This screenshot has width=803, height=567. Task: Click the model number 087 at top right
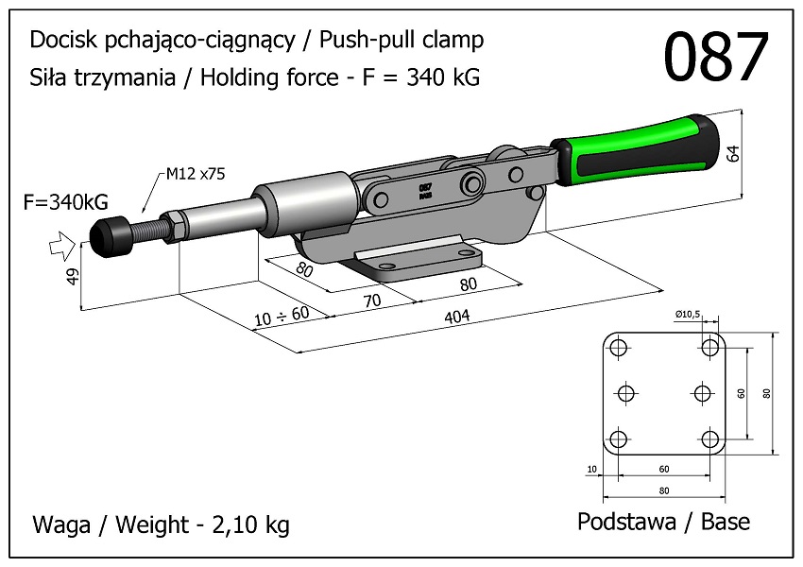[x=715, y=59]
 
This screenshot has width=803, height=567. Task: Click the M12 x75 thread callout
[x=196, y=174]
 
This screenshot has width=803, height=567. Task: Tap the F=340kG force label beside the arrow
[x=68, y=201]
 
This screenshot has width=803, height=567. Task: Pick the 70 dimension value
[x=371, y=301]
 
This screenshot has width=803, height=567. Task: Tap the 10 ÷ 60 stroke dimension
[x=281, y=315]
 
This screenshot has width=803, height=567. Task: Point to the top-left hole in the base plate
[x=619, y=348]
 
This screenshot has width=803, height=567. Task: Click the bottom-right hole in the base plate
[x=710, y=439]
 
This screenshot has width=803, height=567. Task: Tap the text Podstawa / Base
[x=663, y=522]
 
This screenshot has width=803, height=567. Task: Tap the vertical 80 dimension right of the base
[x=766, y=393]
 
